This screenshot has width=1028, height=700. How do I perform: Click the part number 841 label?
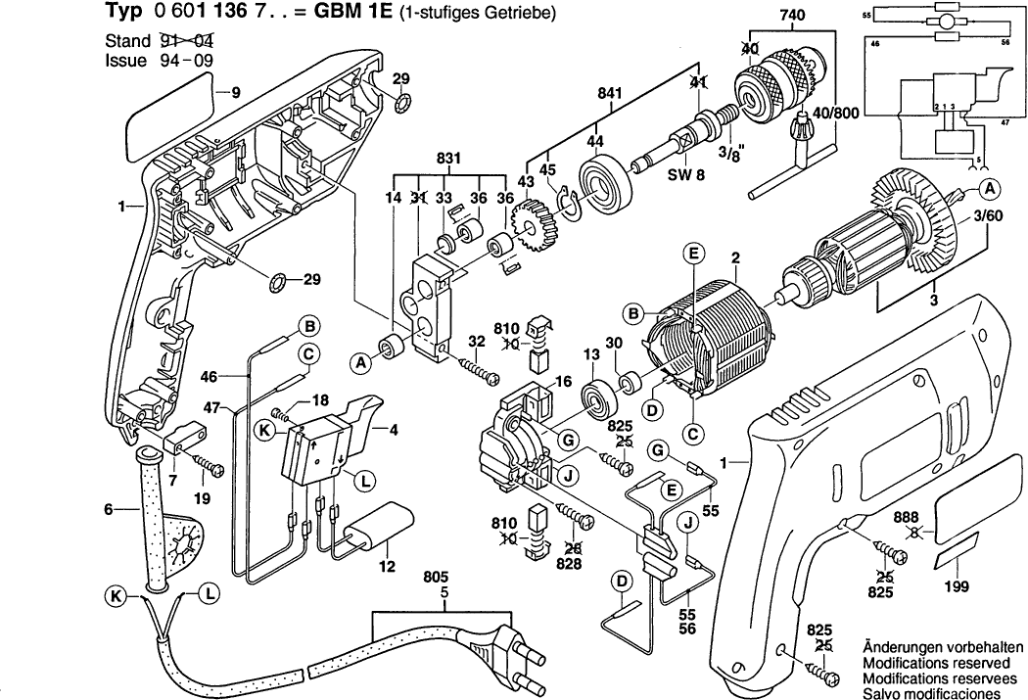click(x=610, y=94)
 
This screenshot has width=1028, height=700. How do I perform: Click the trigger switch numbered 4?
click(x=328, y=441)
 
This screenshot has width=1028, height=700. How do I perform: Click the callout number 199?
click(x=956, y=586)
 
